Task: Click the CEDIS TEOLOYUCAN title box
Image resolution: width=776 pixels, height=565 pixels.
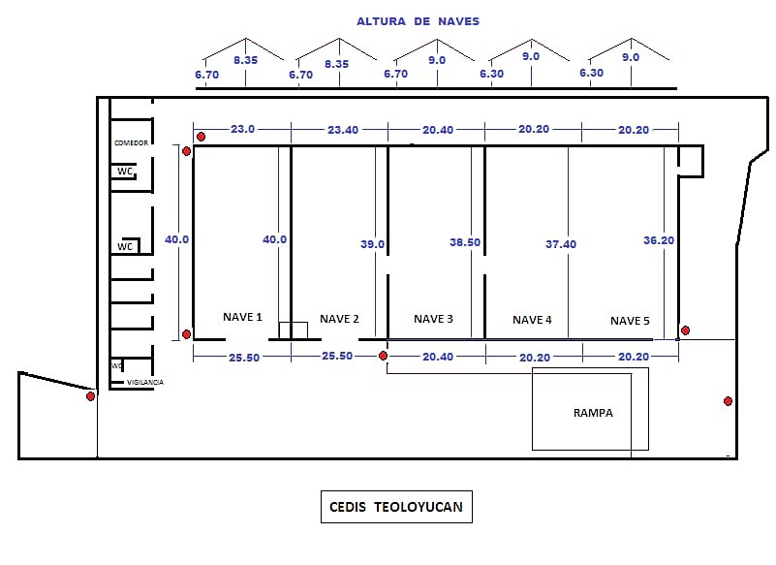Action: click(x=396, y=507)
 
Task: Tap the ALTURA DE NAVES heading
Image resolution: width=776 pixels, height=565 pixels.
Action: click(x=418, y=21)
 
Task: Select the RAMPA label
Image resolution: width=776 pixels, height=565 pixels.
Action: click(x=593, y=413)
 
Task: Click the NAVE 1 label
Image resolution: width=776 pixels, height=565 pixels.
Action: click(x=242, y=317)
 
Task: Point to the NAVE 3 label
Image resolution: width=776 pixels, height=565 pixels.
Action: click(x=433, y=319)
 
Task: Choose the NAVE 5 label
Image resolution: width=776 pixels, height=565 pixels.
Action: click(x=630, y=321)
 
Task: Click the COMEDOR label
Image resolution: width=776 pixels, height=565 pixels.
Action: click(x=131, y=142)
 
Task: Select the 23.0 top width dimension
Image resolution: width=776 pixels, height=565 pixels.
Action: click(x=242, y=129)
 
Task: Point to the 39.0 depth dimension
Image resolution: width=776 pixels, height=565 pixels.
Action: click(x=373, y=245)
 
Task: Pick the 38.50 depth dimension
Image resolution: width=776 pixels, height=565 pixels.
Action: click(x=465, y=243)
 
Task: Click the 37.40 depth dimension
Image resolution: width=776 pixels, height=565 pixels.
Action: click(x=560, y=244)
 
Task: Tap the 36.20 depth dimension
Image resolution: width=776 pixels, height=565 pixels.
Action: click(x=658, y=240)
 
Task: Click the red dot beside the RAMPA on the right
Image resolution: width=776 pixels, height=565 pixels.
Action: click(x=728, y=401)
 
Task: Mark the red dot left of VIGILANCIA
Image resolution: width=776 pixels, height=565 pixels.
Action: click(x=90, y=396)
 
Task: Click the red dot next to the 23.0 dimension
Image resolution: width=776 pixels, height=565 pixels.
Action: click(x=201, y=137)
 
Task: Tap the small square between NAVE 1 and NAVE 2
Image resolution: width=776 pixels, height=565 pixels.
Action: click(x=293, y=330)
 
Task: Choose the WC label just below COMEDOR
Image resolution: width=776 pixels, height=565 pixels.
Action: click(x=124, y=172)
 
